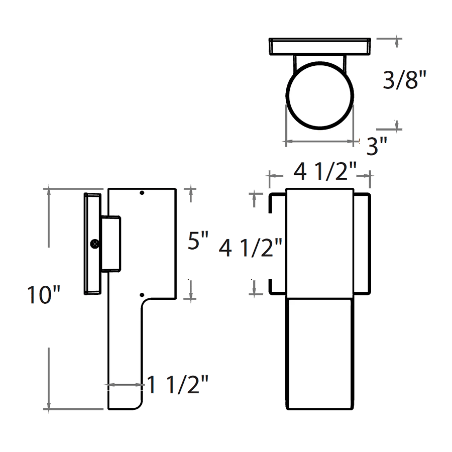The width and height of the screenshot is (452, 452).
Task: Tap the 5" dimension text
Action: point(198,242)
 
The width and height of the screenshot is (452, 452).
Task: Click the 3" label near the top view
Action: point(377,147)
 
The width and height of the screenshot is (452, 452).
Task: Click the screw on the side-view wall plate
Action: point(95,244)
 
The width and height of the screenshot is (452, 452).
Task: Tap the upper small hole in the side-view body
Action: point(142,193)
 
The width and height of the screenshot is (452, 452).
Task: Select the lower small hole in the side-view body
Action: point(142,295)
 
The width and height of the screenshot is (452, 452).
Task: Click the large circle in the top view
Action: point(319,95)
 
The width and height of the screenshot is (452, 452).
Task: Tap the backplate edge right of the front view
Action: point(362,243)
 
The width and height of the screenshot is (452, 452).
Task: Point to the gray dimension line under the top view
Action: point(319,142)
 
